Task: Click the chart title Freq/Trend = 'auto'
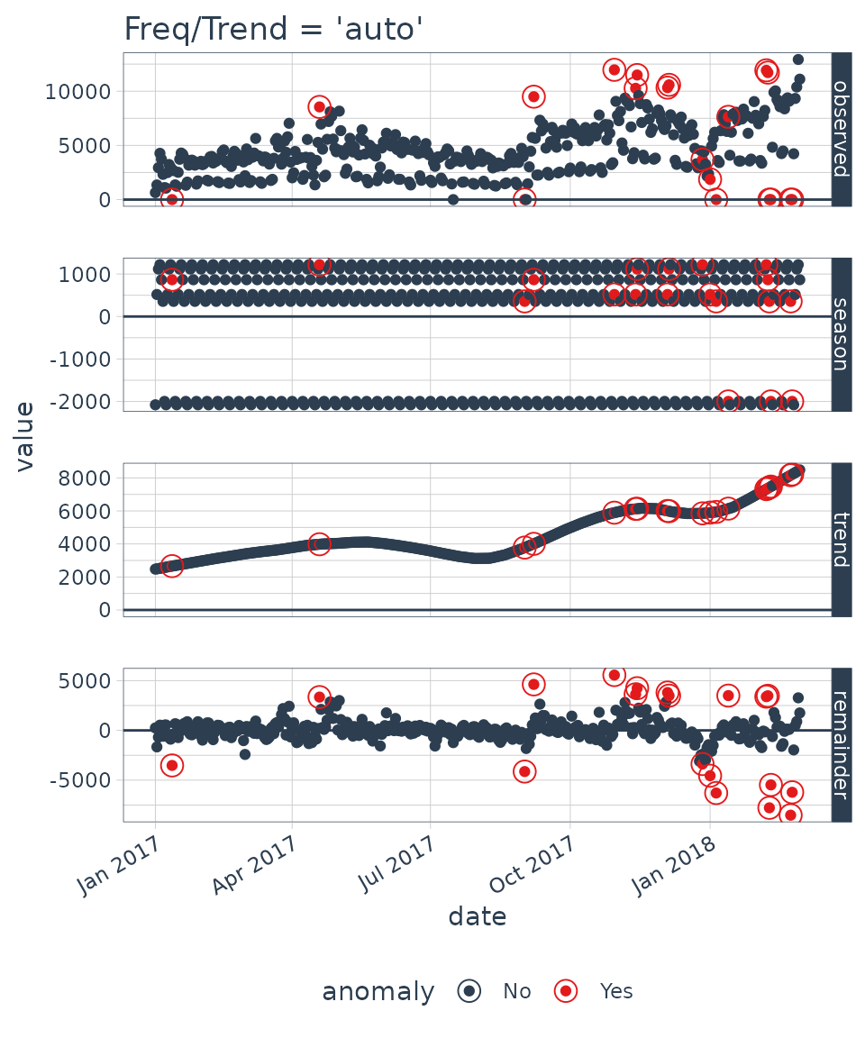click(273, 30)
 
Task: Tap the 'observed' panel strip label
click(841, 129)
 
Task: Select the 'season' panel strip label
click(841, 334)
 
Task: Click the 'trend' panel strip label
click(841, 540)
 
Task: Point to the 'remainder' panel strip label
click(841, 744)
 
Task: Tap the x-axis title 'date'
click(477, 917)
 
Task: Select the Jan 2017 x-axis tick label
click(118, 866)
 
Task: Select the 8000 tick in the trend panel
click(90, 478)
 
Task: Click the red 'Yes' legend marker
click(565, 991)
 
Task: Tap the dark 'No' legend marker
click(469, 991)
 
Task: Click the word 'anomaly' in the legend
click(378, 992)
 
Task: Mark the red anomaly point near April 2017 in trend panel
click(319, 544)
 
